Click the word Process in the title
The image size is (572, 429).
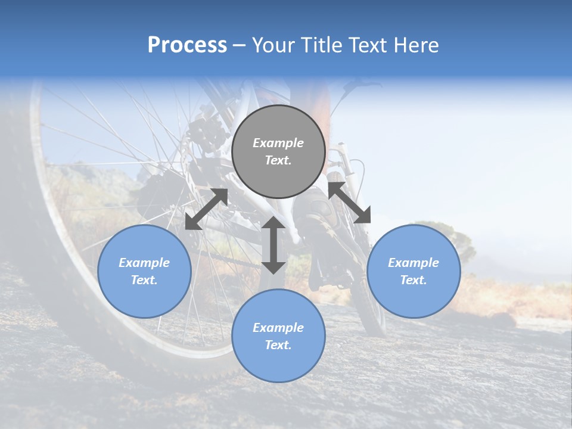187,45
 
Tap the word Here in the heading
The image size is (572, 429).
415,45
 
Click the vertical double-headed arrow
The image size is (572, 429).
273,245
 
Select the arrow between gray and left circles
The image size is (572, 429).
206,209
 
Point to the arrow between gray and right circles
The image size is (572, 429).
349,203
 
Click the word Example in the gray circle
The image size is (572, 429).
278,143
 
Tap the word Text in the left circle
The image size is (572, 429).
144,280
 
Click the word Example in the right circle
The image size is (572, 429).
414,263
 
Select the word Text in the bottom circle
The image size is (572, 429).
278,345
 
